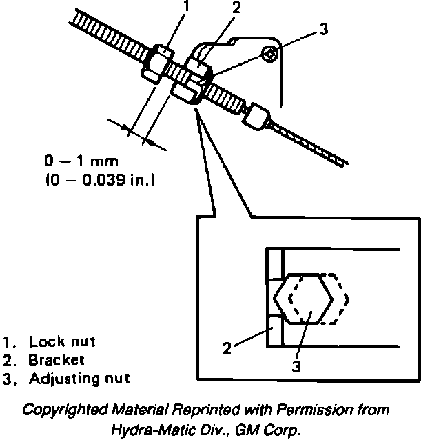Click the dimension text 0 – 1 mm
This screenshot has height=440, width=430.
pyautogui.click(x=81, y=162)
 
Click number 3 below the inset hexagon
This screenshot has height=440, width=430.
pyautogui.click(x=296, y=366)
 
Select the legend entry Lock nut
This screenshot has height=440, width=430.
pyautogui.click(x=63, y=342)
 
